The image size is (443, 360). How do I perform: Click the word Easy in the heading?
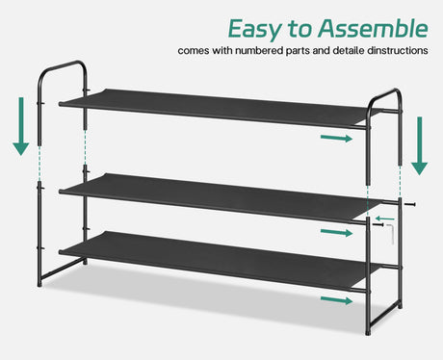click(254, 30)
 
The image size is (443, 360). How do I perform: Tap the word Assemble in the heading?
click(373, 28)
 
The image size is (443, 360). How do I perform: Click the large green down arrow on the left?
click(21, 126)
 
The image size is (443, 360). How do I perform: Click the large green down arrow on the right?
click(420, 146)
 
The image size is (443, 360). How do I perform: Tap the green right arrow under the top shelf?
click(337, 139)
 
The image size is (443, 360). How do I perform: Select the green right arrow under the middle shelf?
click(337, 233)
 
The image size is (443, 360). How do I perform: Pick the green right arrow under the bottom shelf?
click(337, 300)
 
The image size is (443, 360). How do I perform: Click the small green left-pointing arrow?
click(384, 219)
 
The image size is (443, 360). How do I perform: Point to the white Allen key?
click(390, 233)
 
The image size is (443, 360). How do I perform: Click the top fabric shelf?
click(215, 108)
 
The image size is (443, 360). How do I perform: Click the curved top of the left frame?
click(63, 64)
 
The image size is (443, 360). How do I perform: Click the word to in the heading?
click(300, 29)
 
